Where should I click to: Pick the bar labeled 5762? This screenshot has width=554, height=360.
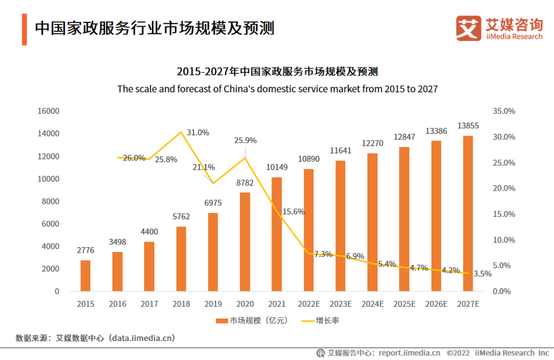(181, 258)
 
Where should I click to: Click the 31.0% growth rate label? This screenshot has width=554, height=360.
(197, 132)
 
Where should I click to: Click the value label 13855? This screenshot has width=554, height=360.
(468, 126)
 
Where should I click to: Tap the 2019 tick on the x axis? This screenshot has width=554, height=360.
(213, 304)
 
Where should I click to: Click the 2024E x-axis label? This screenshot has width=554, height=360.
(372, 304)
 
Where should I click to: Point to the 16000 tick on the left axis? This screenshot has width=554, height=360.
(49, 111)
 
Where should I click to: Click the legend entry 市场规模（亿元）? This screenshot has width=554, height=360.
(251, 321)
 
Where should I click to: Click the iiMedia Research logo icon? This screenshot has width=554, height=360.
(468, 28)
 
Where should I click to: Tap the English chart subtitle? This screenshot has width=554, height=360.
(277, 89)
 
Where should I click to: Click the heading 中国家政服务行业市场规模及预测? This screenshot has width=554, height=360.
(154, 28)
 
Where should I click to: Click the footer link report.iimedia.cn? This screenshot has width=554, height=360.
(409, 353)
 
